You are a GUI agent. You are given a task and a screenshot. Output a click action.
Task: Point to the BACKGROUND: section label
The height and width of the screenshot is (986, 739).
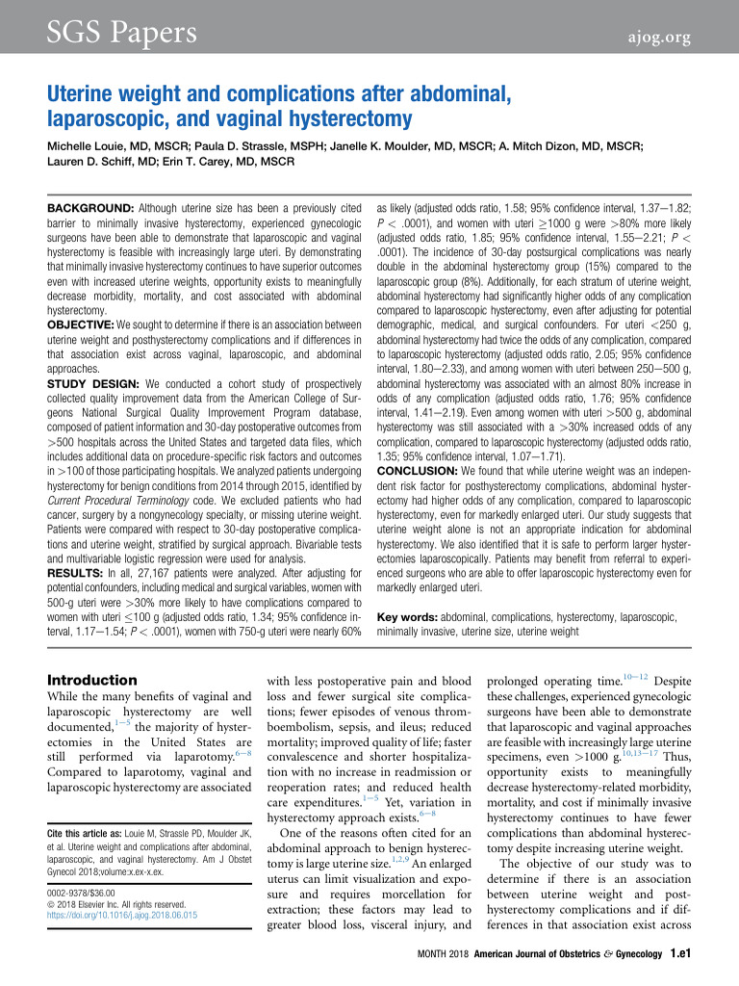92,208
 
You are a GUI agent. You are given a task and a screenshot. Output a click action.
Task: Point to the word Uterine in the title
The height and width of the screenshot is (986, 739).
95,95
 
